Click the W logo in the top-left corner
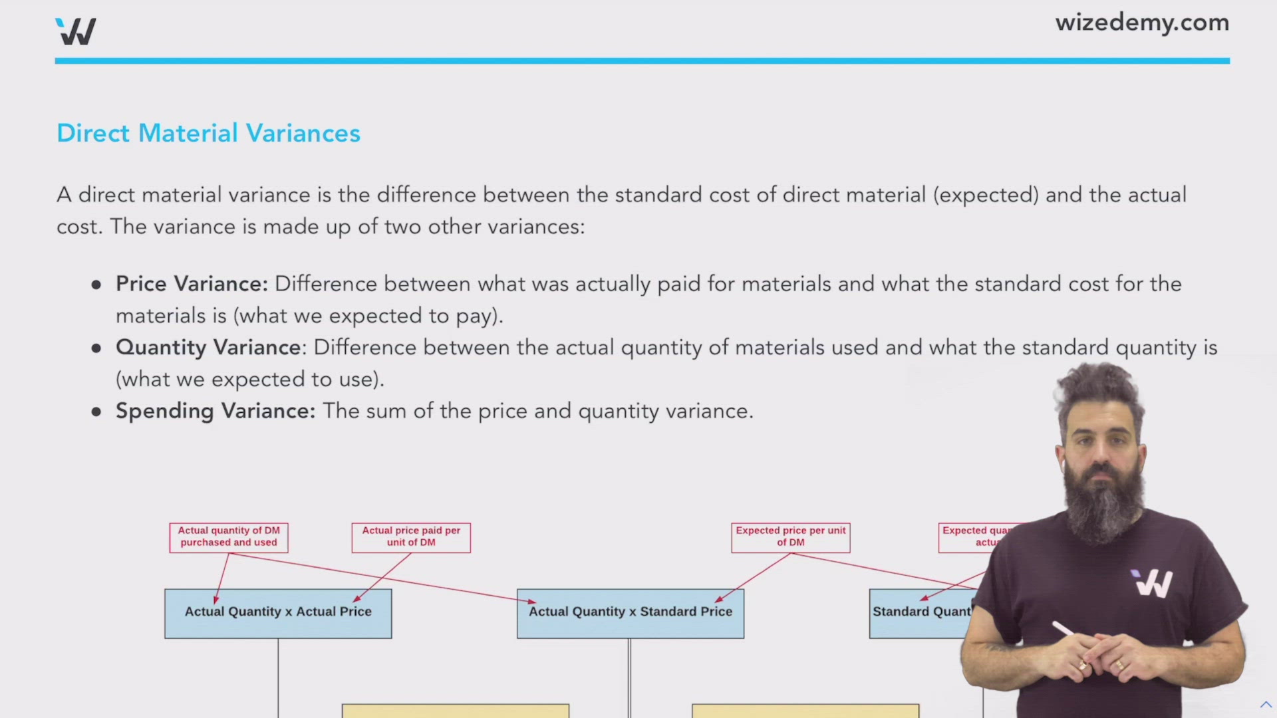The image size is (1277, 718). point(76,31)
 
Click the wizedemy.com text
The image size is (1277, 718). point(1141,23)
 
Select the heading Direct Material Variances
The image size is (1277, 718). point(208,133)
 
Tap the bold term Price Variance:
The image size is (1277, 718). point(192,284)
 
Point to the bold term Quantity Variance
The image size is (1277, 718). point(208,348)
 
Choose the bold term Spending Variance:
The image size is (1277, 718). point(215,411)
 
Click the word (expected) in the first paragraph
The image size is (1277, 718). point(986,195)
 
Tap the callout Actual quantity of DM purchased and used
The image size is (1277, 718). point(229,537)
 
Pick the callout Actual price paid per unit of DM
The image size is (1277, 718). point(411,537)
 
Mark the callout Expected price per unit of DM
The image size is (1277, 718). point(790,537)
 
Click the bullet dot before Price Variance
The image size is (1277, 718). point(96,285)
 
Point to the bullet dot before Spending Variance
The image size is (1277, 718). point(96,412)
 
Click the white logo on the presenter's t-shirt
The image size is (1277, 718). point(1153,583)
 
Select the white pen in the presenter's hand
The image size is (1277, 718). point(1064,629)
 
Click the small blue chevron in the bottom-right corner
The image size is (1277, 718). point(1265,704)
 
